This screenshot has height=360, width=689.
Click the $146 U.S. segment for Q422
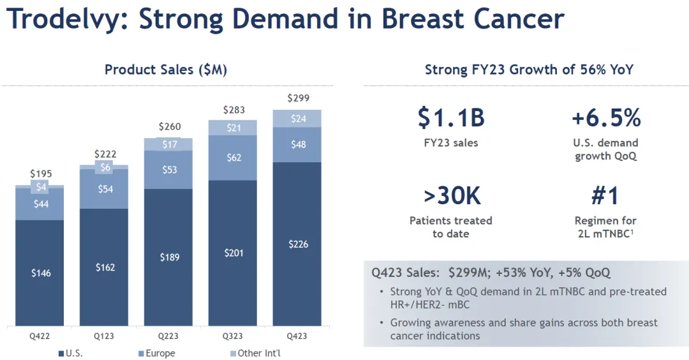41,273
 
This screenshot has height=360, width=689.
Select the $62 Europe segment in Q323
233,157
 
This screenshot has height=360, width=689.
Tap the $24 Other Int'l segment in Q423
297,119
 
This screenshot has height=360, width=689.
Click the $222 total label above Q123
105,154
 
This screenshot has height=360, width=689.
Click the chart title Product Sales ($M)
166,70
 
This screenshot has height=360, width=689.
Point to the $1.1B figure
452,118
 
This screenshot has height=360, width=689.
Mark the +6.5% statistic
605,118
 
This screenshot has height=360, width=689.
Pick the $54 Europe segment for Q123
105,189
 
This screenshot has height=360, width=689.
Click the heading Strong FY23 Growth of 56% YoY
529,70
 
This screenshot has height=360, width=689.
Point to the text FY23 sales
451,143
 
